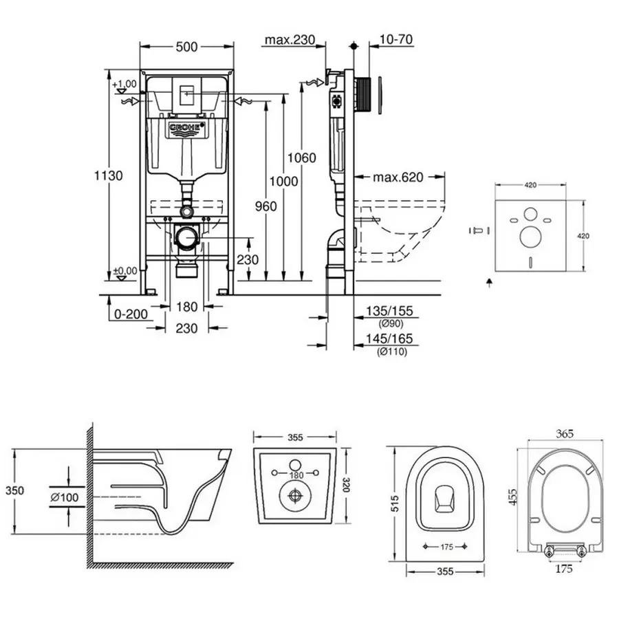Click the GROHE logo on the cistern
(x=186, y=129)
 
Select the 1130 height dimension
(x=108, y=176)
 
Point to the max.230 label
(x=289, y=40)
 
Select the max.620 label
(x=398, y=177)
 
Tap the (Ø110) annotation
(x=392, y=352)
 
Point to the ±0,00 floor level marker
(x=125, y=270)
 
